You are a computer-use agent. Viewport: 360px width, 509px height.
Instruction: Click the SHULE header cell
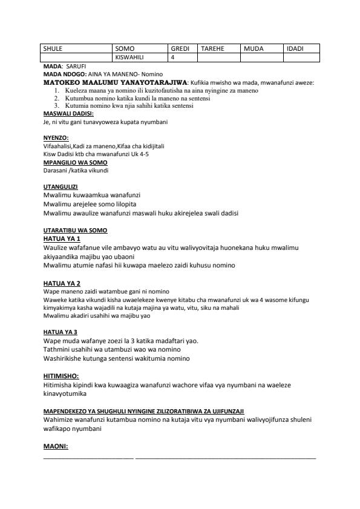pyautogui.click(x=53, y=48)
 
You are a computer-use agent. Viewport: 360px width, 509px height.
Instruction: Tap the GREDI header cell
pyautogui.click(x=180, y=48)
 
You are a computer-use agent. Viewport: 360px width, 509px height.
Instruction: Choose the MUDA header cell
pyautogui.click(x=254, y=48)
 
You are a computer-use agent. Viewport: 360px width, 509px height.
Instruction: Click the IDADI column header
pyautogui.click(x=295, y=48)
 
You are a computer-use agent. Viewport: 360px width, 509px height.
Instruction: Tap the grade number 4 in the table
pyautogui.click(x=173, y=57)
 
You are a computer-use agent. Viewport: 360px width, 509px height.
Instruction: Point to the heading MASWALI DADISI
pyautogui.click(x=64, y=113)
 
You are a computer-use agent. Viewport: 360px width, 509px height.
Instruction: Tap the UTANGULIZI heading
pyautogui.click(x=61, y=186)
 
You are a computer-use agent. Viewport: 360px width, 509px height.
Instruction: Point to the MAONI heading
pyautogui.click(x=56, y=447)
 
